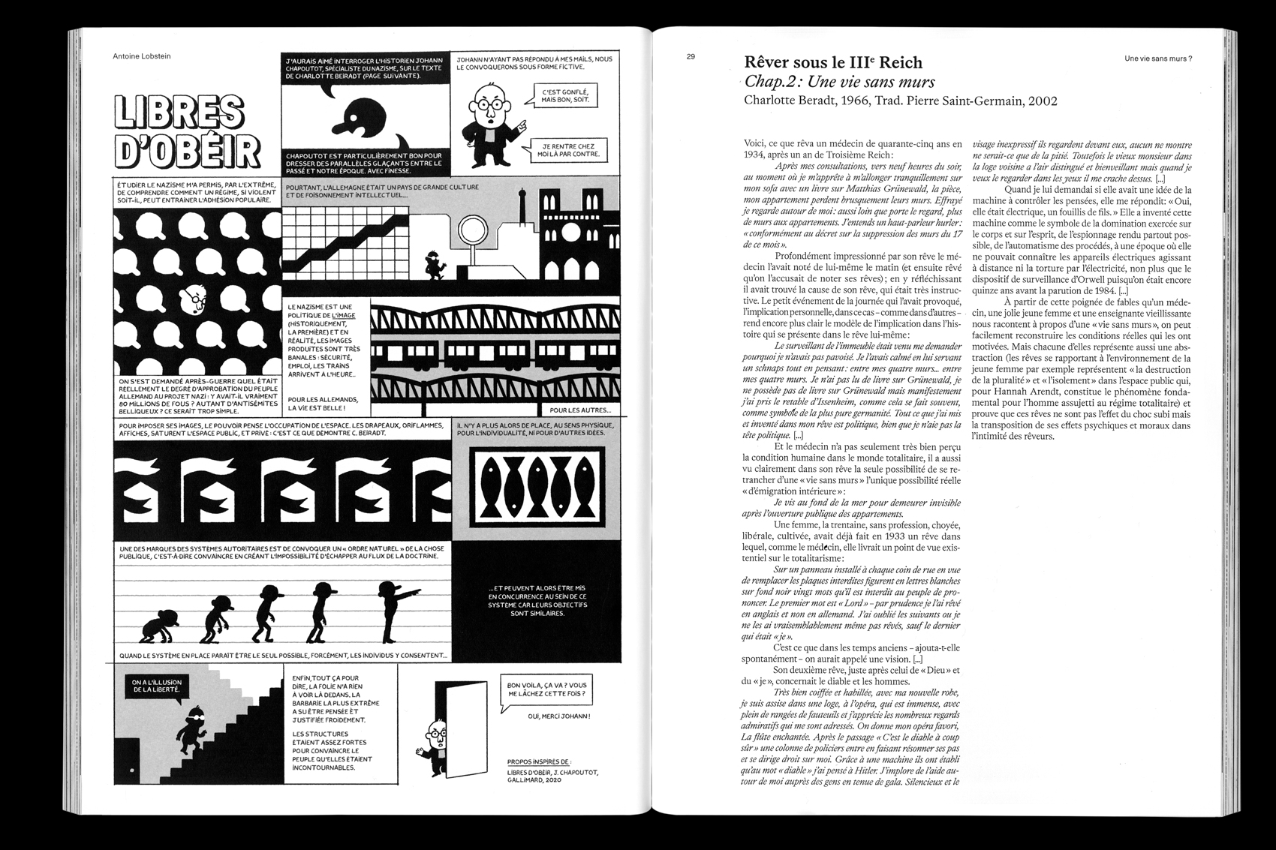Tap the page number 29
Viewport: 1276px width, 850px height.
click(691, 57)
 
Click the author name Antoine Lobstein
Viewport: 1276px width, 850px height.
click(141, 56)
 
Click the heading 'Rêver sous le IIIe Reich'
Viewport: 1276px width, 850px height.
click(832, 62)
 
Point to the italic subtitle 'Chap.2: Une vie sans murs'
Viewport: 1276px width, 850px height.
click(840, 82)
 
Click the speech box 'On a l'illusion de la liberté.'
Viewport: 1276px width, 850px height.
click(156, 686)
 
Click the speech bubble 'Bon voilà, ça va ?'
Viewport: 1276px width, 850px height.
click(546, 689)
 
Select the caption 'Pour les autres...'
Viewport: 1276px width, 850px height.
click(580, 410)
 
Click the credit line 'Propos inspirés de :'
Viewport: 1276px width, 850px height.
click(538, 761)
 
